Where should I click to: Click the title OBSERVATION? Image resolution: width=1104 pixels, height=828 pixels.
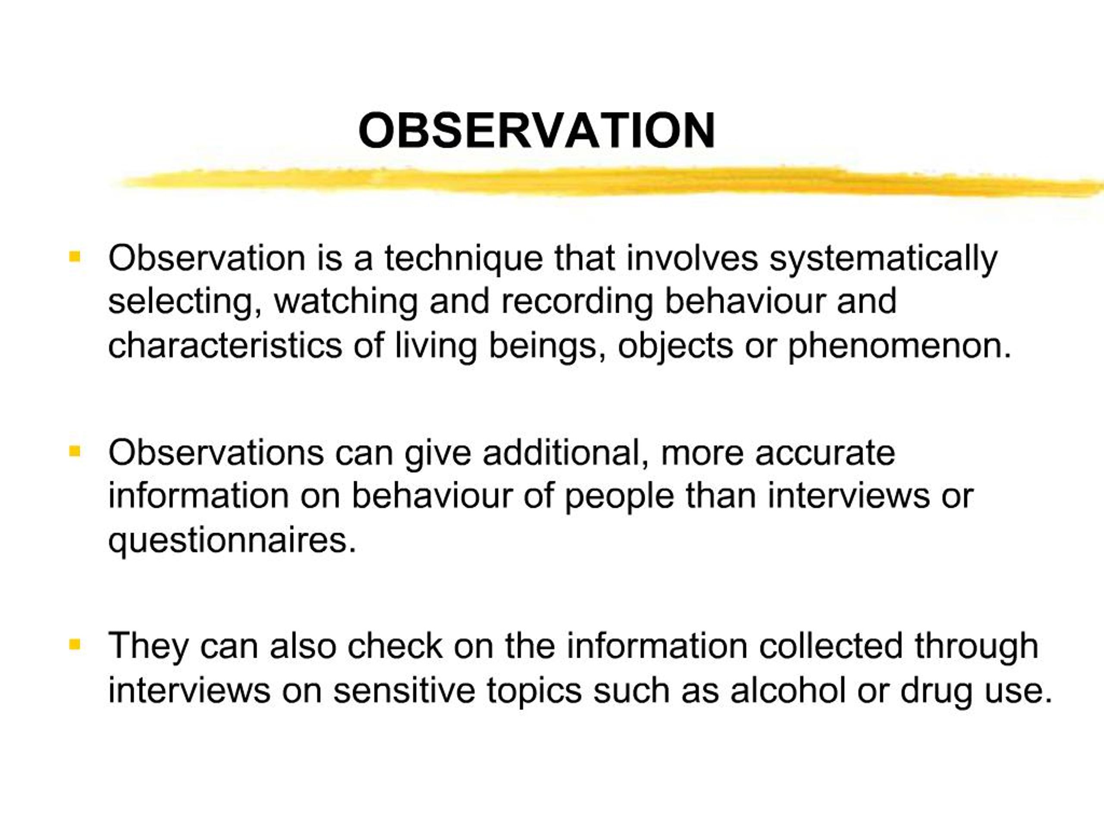[536, 130]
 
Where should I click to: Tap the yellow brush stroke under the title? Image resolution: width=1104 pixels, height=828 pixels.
[599, 182]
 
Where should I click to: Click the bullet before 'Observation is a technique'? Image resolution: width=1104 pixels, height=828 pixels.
[75, 257]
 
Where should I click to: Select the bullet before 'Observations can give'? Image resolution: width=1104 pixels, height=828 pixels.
[75, 452]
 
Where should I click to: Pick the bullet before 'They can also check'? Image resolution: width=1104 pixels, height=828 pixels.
[75, 644]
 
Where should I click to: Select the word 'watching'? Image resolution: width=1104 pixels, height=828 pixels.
[346, 302]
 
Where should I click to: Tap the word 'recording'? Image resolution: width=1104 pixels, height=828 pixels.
[577, 302]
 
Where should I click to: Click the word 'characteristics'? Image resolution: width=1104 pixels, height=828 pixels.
[225, 345]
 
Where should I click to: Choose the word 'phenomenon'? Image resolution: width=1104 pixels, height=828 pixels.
[898, 346]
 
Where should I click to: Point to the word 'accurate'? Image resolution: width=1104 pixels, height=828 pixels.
[825, 453]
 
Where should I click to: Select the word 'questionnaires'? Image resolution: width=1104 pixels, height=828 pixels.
[232, 540]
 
